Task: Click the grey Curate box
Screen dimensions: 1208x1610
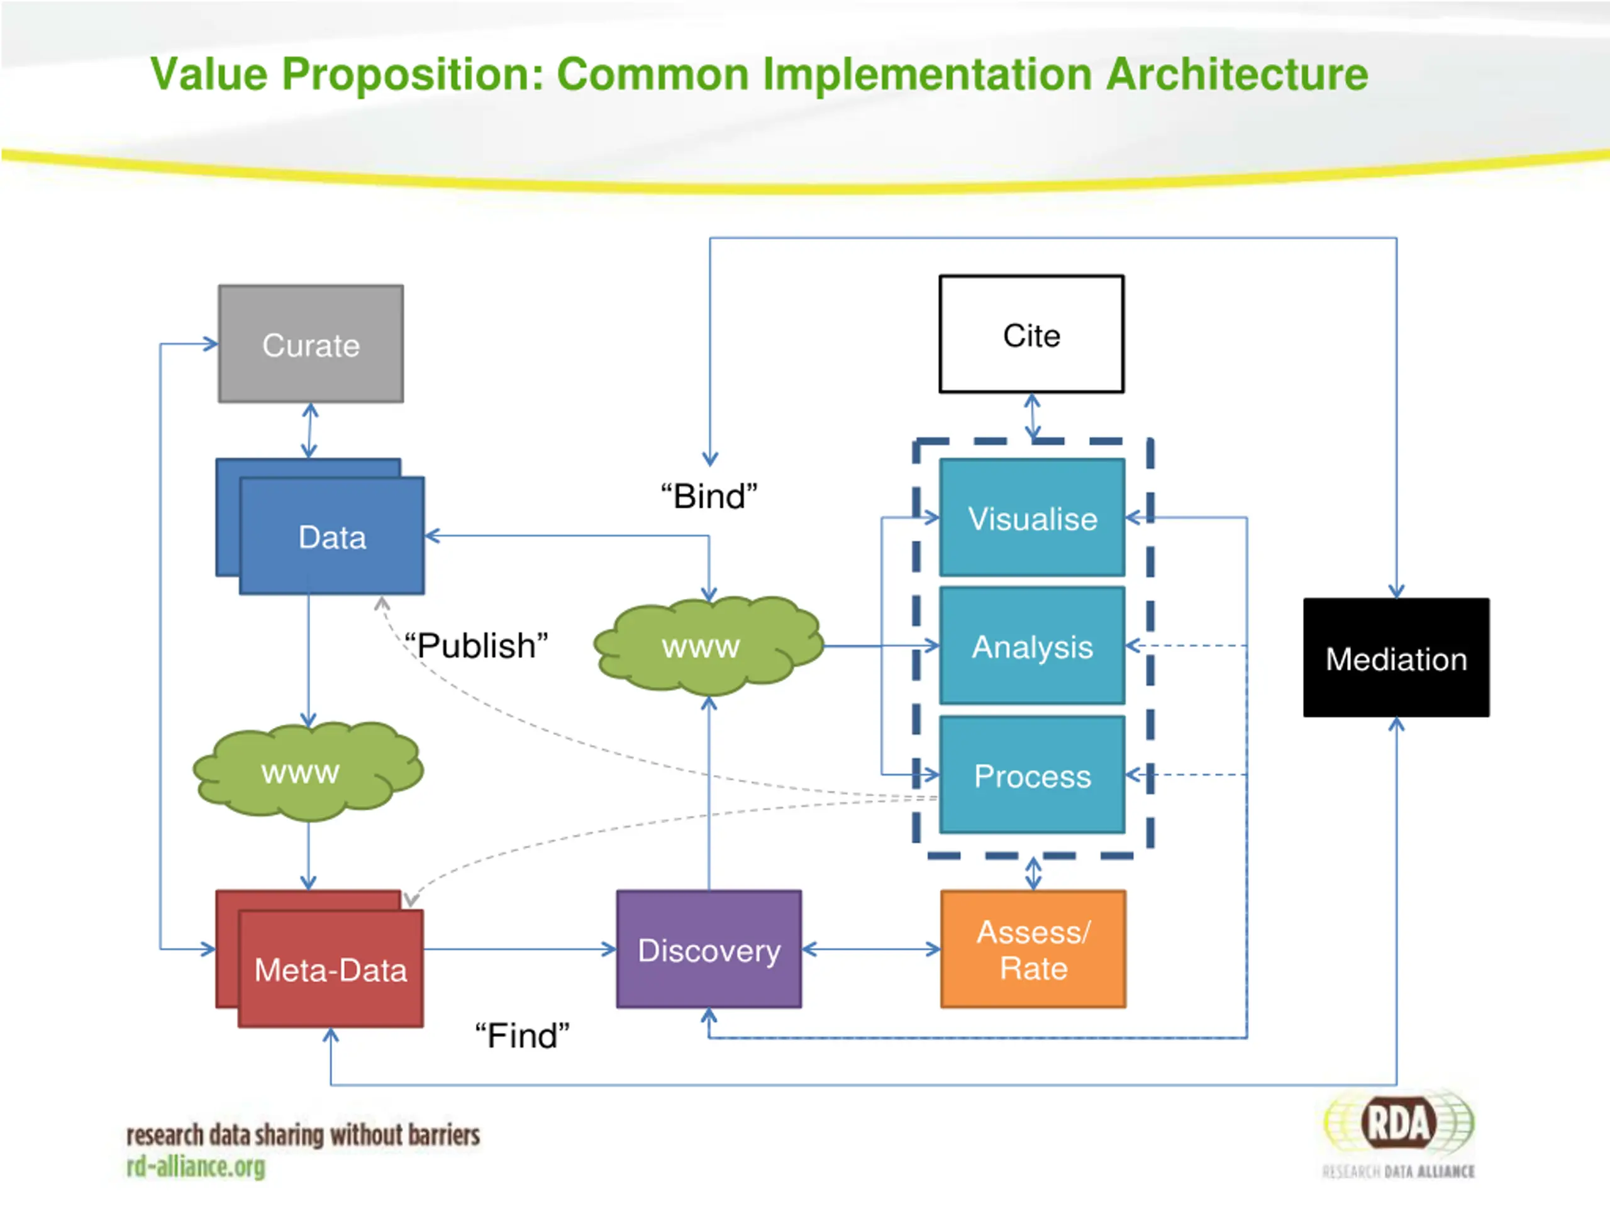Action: pos(311,344)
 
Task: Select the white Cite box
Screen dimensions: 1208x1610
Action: pos(1031,334)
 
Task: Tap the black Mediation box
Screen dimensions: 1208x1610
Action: pos(1396,658)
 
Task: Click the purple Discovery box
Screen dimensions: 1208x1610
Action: pos(709,949)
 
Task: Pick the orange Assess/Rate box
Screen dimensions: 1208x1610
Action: pos(1033,949)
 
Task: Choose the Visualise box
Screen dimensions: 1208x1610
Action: pos(1032,518)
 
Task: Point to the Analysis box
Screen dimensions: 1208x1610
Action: pos(1032,646)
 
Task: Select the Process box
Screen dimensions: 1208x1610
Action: pos(1032,775)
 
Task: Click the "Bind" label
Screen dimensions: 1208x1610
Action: pos(709,496)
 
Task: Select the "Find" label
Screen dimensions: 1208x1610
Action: pos(522,1036)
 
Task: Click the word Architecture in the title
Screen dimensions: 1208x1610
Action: pos(1236,74)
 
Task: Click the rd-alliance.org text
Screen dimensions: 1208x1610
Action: pos(196,1166)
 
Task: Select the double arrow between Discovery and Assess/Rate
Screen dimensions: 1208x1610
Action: pos(871,949)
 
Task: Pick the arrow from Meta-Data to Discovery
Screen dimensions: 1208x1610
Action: pos(519,949)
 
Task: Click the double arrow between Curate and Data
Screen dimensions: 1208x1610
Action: pos(310,430)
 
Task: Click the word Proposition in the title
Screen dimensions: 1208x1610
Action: pos(406,74)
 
